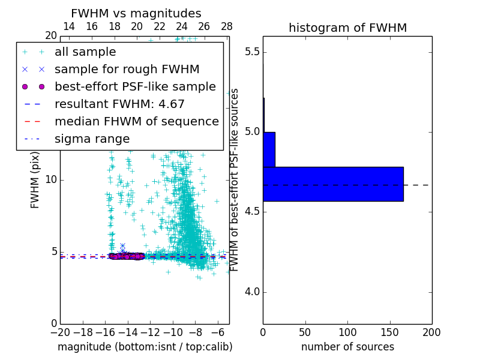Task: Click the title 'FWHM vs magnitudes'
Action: pos(136,14)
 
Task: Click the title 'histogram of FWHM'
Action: pos(347,28)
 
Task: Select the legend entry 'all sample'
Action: pos(85,52)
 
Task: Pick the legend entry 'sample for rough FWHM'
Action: pos(127,70)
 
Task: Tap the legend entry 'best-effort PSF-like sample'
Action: pos(135,87)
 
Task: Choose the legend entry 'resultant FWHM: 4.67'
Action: pos(119,104)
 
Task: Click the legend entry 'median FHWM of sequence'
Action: pos(136,122)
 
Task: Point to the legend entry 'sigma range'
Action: pos(92,139)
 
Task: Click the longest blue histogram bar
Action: pos(333,184)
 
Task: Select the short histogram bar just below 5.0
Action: pos(269,149)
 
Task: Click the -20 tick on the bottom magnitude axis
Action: pos(60,332)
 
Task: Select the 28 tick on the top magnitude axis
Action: pos(227,26)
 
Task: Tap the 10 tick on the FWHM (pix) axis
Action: pos(51,180)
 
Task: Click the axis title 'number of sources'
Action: pos(347,347)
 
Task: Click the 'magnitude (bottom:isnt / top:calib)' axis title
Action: pos(145,347)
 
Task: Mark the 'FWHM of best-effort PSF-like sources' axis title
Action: pos(235,180)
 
